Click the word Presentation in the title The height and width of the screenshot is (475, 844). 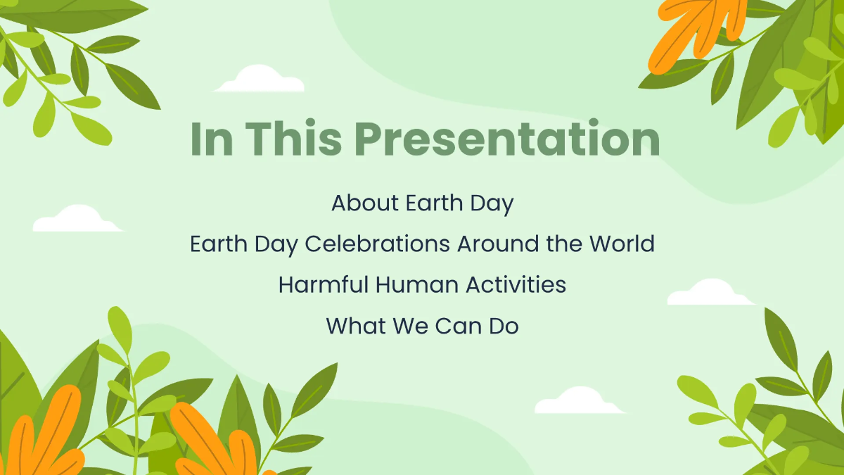(512, 140)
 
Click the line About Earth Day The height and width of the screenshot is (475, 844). (422, 203)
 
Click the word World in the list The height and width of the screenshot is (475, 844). (622, 244)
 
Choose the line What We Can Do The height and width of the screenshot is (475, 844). (422, 326)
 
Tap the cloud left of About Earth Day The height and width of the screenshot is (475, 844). (76, 220)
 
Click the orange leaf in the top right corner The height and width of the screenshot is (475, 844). (696, 32)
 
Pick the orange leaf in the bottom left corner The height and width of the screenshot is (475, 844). (49, 436)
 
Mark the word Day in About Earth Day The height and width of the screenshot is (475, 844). (492, 204)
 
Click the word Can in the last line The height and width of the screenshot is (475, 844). (454, 326)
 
